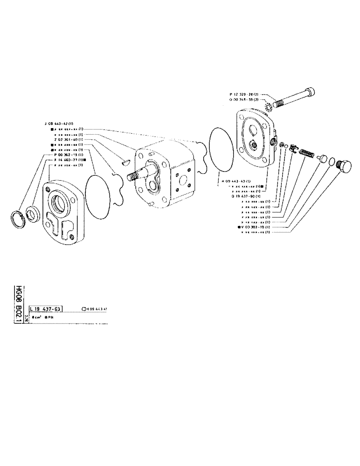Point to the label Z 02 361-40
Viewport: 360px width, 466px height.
pos(68,139)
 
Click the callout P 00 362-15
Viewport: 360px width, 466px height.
pos(68,154)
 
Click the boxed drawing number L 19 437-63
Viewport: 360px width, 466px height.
pos(46,308)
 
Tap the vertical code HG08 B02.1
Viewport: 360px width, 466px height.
pos(19,303)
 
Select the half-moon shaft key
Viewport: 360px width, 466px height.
pos(124,163)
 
